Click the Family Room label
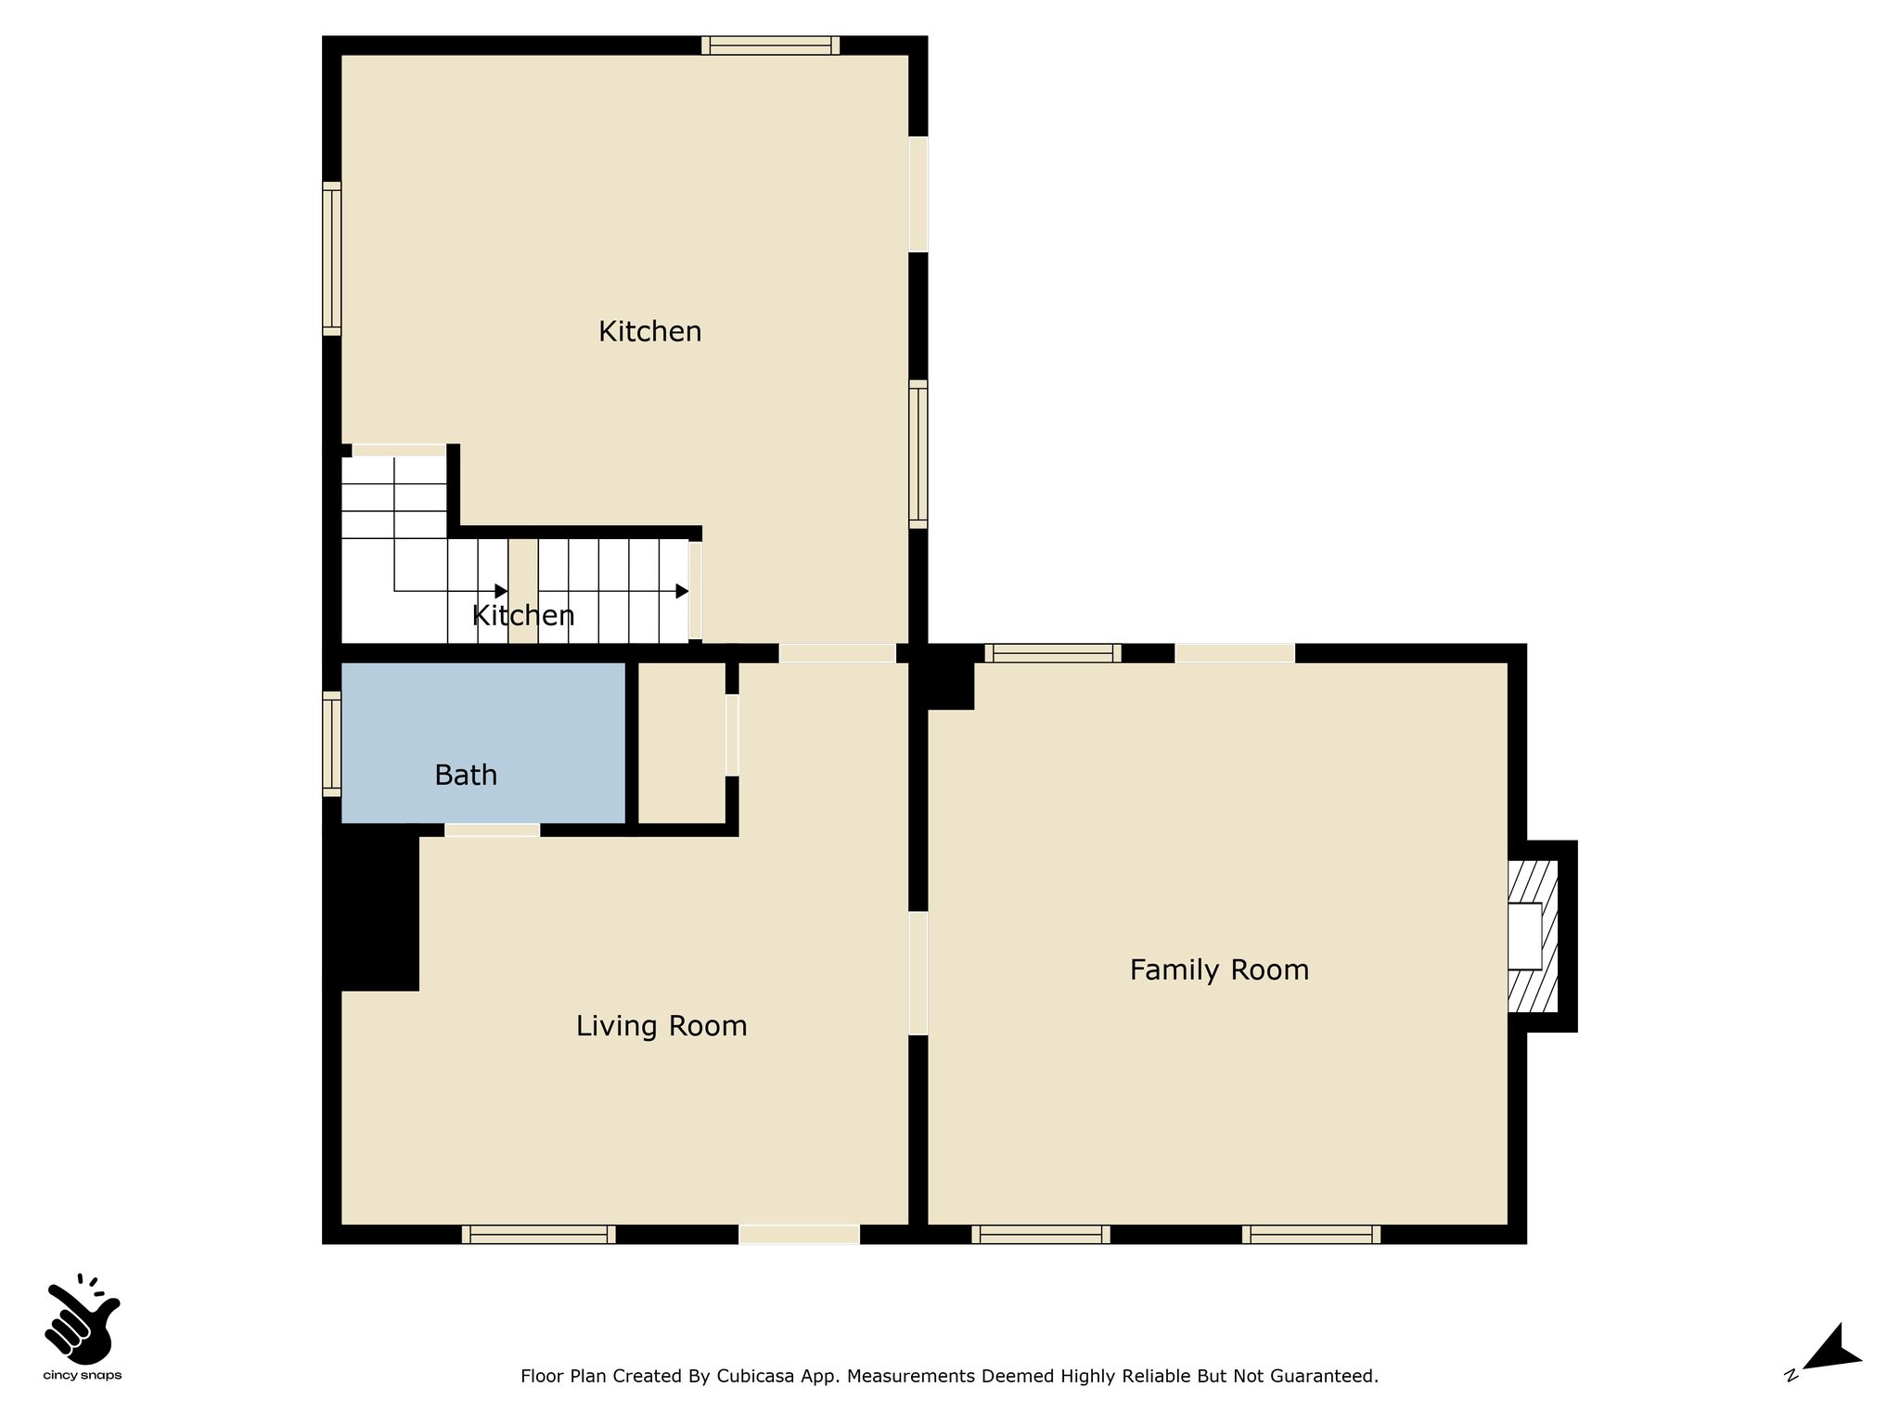click(1219, 970)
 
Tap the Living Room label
click(661, 1026)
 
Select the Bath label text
click(466, 775)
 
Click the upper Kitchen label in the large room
click(649, 331)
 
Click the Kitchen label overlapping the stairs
click(523, 615)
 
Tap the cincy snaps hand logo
click(82, 1317)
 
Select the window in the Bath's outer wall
click(331, 744)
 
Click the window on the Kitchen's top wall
click(770, 45)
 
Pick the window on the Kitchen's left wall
click(331, 259)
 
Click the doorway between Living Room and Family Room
click(918, 973)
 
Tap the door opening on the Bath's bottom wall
click(492, 829)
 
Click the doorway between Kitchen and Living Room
click(837, 653)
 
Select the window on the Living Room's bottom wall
click(538, 1234)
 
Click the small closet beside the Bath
click(682, 742)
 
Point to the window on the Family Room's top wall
click(1053, 653)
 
